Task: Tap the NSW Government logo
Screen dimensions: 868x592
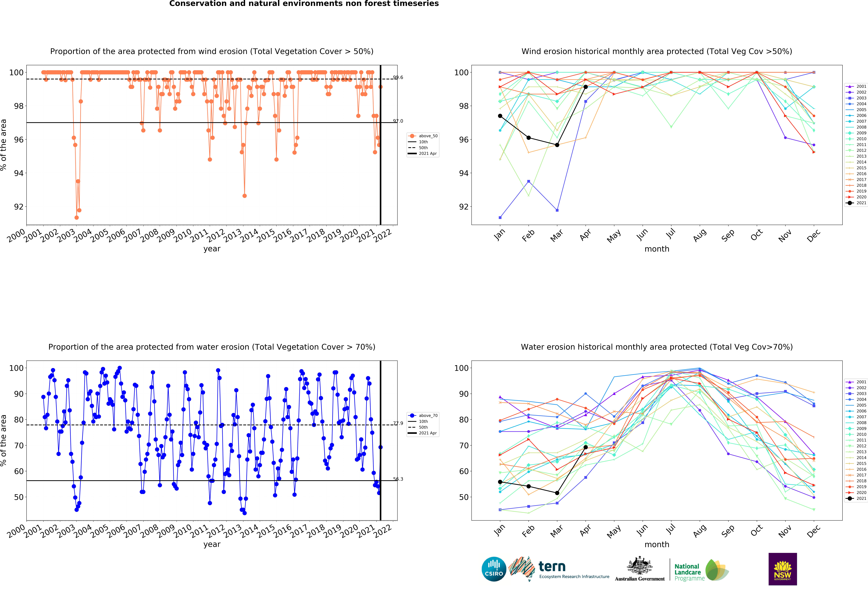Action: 782,569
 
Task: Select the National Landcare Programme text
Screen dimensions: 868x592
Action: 689,572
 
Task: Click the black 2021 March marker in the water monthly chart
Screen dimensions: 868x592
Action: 557,493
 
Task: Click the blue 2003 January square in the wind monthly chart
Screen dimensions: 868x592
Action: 500,217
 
